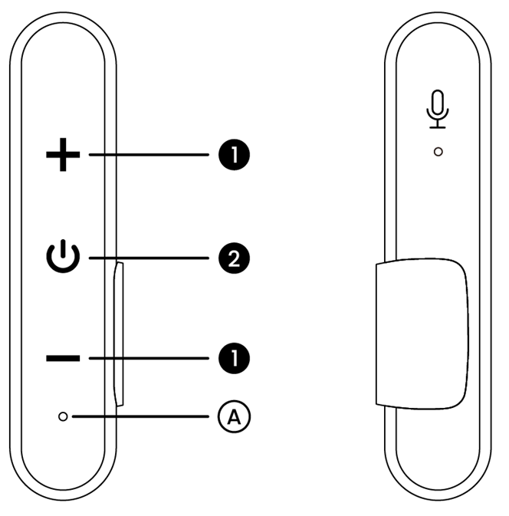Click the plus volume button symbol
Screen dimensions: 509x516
pyautogui.click(x=63, y=155)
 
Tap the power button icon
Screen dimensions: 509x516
pyautogui.click(x=63, y=256)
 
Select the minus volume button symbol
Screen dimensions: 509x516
pyautogui.click(x=63, y=358)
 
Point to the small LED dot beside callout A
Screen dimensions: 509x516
pyautogui.click(x=63, y=416)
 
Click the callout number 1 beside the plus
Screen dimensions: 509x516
pyautogui.click(x=235, y=155)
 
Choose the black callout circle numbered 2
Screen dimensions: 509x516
pyautogui.click(x=235, y=258)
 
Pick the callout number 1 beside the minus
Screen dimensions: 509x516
pyautogui.click(x=235, y=358)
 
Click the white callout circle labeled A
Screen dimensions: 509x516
pyautogui.click(x=235, y=416)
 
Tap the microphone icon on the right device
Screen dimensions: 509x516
pyautogui.click(x=438, y=109)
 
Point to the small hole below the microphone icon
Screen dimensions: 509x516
pyautogui.click(x=438, y=152)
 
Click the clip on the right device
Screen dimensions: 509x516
pyautogui.click(x=422, y=334)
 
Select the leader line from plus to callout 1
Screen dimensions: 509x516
pyautogui.click(x=149, y=154)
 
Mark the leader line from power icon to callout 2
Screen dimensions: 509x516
pyautogui.click(x=149, y=258)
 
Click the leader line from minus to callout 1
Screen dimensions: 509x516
pyautogui.click(x=149, y=358)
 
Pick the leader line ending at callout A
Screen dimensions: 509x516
pyautogui.click(x=140, y=416)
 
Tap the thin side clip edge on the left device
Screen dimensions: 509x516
pyautogui.click(x=119, y=334)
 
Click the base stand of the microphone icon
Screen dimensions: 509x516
pyautogui.click(x=438, y=127)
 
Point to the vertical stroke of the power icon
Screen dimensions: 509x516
pyautogui.click(x=63, y=250)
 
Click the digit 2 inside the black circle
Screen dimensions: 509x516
pyautogui.click(x=235, y=258)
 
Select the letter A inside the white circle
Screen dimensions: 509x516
pyautogui.click(x=235, y=417)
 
